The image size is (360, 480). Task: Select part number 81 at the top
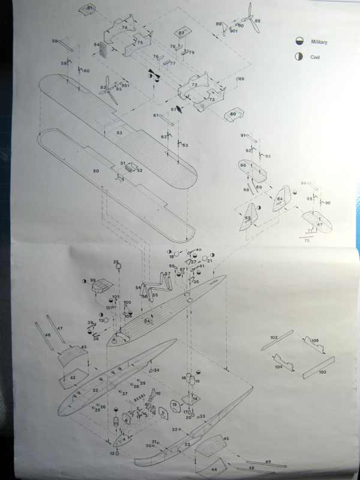(90, 8)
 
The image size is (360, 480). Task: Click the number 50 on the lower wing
(95, 172)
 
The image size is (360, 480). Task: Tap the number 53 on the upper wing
(119, 133)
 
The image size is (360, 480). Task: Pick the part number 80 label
(233, 114)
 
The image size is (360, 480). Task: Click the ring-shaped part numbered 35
(117, 266)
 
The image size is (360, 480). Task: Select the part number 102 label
(274, 338)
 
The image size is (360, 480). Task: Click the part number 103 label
(322, 373)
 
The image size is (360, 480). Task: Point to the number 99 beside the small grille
(93, 280)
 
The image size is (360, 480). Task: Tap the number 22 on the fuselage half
(95, 390)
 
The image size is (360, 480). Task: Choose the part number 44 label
(214, 470)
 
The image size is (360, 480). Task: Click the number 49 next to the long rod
(268, 461)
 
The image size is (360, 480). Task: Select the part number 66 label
(243, 165)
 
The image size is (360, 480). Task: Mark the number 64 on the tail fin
(280, 199)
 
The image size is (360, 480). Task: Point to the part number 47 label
(60, 329)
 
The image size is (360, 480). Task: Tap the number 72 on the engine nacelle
(194, 86)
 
